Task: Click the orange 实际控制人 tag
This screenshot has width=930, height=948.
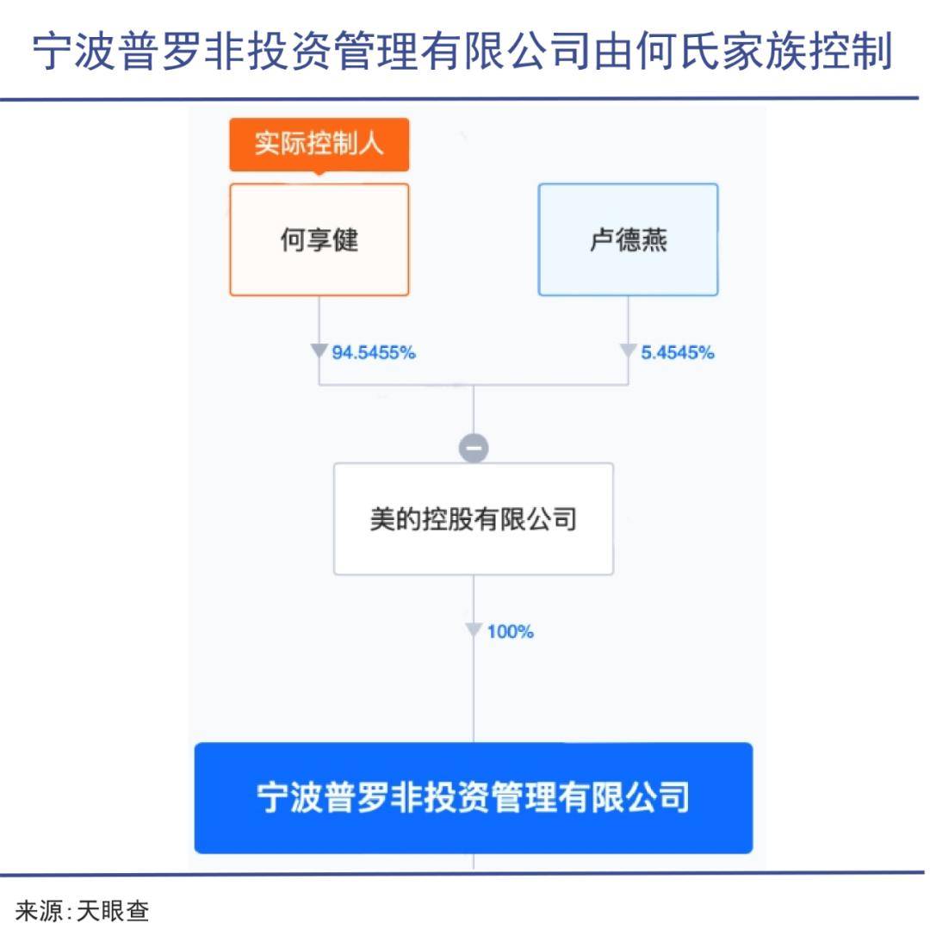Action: [319, 145]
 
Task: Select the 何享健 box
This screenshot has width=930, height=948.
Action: [319, 239]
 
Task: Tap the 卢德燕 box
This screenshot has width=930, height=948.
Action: [629, 239]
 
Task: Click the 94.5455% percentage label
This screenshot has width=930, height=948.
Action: [374, 352]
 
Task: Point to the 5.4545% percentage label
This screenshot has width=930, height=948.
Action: [677, 352]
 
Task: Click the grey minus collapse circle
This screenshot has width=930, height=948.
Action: [474, 448]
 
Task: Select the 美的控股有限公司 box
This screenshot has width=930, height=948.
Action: [474, 518]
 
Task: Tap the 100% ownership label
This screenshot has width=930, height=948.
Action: [511, 632]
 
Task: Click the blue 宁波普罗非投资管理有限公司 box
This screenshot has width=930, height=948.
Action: [474, 798]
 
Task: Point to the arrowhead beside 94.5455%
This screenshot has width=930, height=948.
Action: [319, 350]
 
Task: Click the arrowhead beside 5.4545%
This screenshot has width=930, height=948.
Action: [628, 350]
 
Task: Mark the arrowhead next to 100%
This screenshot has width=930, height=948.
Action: [474, 630]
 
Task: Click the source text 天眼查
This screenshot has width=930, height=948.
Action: [113, 911]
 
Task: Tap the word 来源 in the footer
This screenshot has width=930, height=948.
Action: [40, 911]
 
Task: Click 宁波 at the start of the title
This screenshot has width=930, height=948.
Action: [75, 51]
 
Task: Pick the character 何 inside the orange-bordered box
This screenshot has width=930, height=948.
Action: [294, 240]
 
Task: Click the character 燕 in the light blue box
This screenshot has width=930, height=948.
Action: [654, 240]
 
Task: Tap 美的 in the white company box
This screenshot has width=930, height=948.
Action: [395, 519]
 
